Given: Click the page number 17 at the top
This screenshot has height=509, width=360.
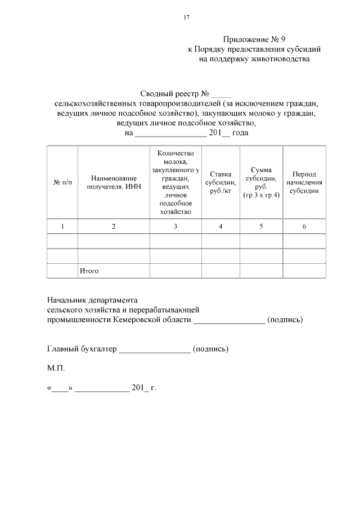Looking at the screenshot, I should [x=186, y=17].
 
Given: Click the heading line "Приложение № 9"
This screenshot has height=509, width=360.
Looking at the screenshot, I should [x=254, y=39].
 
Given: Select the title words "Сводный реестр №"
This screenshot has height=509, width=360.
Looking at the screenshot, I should [x=174, y=94].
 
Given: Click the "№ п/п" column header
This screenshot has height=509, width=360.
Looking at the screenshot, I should [x=62, y=183].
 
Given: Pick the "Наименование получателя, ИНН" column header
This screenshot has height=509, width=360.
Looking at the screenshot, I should [x=114, y=183].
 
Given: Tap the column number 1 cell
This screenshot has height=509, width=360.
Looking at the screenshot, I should [x=62, y=226].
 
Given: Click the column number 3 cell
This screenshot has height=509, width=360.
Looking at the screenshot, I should [x=175, y=226].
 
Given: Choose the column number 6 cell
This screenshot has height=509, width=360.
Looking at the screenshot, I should [x=304, y=226].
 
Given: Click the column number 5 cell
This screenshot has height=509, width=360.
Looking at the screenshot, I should [x=261, y=226].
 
